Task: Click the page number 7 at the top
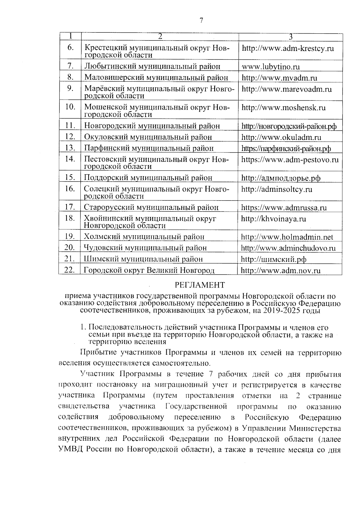201,21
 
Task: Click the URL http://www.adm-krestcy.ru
288,48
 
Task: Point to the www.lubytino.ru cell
271,67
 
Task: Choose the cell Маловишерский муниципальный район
156,78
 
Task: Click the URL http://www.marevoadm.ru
286,89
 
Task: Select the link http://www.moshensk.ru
283,108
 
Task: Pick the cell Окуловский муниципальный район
148,137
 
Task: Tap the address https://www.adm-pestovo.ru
290,159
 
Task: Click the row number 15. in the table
70,177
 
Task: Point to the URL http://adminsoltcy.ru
277,189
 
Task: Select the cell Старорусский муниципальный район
151,207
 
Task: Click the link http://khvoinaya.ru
274,219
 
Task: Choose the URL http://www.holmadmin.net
287,237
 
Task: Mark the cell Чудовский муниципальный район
145,248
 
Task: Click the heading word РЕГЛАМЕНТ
200,285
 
